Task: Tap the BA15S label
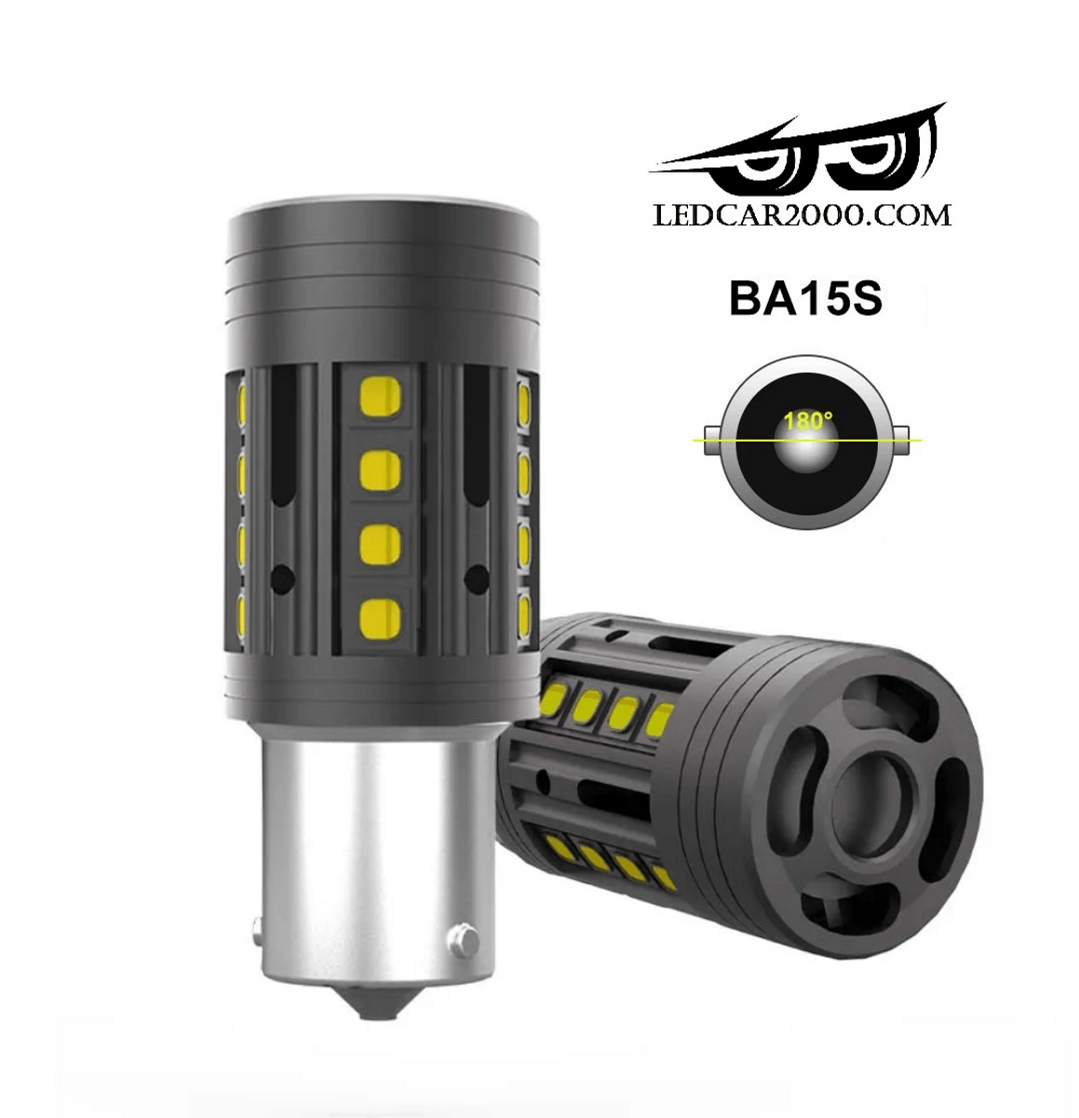pyautogui.click(x=805, y=299)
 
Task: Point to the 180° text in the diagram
pyautogui.click(x=805, y=422)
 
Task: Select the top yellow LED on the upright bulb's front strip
pyautogui.click(x=379, y=396)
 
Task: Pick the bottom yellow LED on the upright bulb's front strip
pyautogui.click(x=379, y=620)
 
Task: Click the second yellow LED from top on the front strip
pyautogui.click(x=379, y=470)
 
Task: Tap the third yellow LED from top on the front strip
pyautogui.click(x=379, y=545)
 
